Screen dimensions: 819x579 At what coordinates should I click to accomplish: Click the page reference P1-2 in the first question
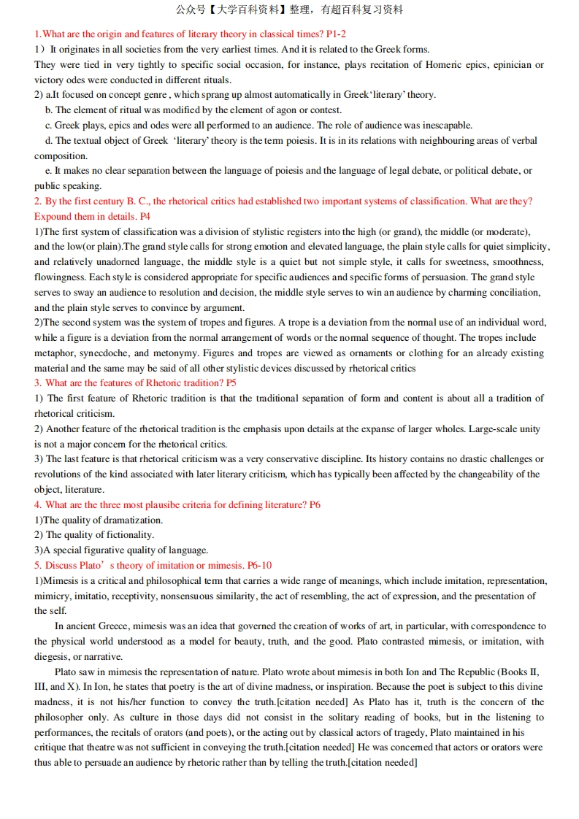click(336, 34)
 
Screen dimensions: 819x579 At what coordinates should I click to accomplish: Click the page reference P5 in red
click(231, 382)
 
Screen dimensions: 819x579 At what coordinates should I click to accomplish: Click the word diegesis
click(53, 656)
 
